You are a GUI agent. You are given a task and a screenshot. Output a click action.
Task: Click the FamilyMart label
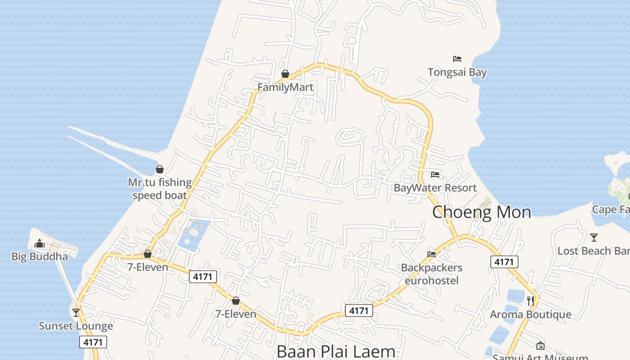[285, 87]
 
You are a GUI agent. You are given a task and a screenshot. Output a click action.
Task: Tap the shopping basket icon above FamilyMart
[285, 74]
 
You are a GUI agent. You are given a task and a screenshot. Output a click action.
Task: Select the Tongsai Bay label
[457, 72]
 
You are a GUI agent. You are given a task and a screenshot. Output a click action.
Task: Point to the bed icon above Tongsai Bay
[457, 59]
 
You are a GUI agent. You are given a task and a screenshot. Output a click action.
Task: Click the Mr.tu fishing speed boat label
[160, 189]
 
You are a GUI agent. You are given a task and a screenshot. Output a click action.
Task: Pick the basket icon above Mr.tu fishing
[160, 169]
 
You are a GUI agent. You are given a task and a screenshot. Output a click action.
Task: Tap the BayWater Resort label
[435, 188]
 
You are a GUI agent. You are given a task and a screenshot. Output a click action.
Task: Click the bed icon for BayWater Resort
[435, 175]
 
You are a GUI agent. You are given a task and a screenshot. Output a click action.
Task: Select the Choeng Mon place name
[481, 212]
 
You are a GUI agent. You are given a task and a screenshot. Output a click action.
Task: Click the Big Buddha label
[40, 256]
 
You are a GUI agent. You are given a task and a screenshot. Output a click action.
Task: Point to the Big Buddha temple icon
[40, 243]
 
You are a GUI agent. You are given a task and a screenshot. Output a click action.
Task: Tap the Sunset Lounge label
[76, 326]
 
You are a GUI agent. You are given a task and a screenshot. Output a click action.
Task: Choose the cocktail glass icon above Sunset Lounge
[76, 312]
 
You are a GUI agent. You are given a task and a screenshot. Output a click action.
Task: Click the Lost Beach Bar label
[593, 251]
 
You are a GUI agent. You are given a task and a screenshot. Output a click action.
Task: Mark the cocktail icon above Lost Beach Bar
[594, 237]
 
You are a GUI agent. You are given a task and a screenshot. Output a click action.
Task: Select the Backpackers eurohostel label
[432, 274]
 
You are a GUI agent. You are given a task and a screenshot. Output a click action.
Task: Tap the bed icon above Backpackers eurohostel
[432, 254]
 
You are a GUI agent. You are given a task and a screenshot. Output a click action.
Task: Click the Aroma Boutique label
[531, 314]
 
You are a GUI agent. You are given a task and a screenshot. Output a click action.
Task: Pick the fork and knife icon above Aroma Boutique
[531, 301]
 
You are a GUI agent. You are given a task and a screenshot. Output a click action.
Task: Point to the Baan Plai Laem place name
[336, 351]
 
